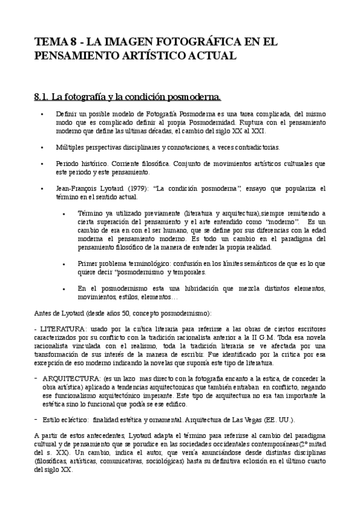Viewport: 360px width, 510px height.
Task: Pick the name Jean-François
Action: coord(75,188)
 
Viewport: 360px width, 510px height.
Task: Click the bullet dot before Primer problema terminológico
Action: coord(64,263)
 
